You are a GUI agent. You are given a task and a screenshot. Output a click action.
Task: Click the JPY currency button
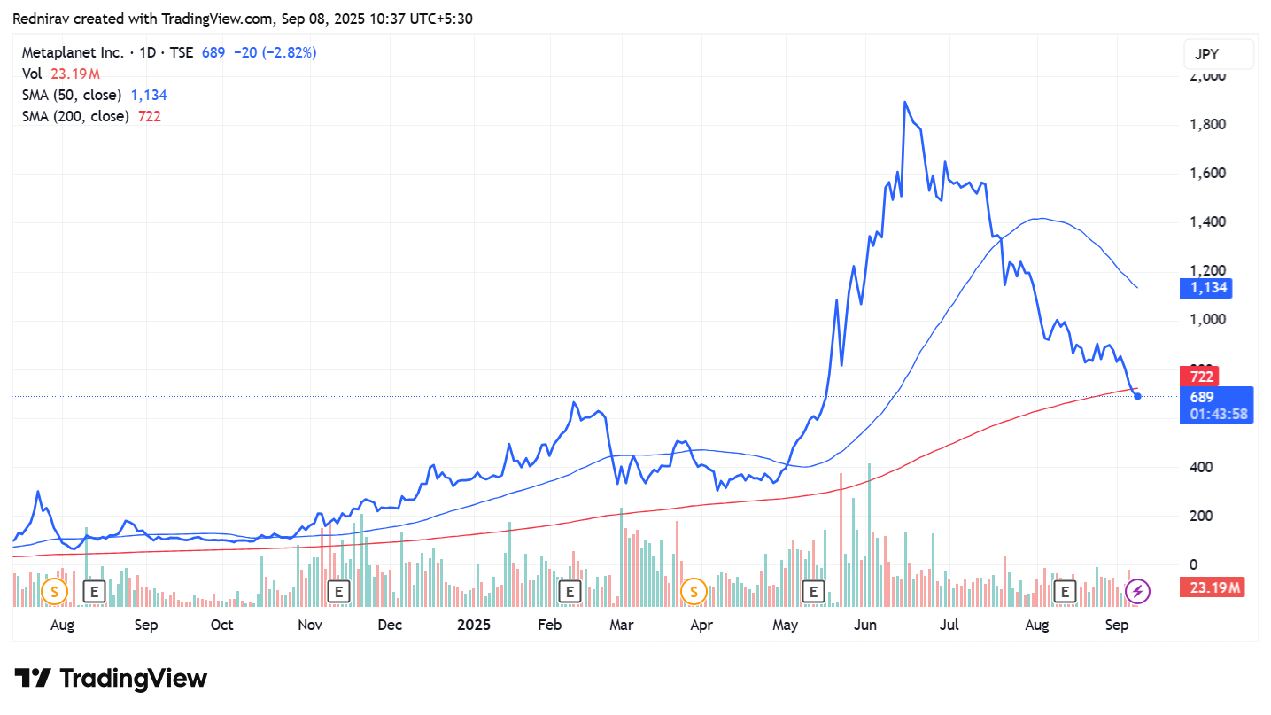[x=1218, y=54]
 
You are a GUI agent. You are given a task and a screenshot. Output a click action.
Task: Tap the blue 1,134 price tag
[x=1206, y=288]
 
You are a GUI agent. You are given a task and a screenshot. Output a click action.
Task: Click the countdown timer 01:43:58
[x=1219, y=414]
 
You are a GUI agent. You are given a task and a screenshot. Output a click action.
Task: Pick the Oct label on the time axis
[x=222, y=626]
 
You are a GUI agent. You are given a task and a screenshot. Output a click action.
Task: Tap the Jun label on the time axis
[x=864, y=626]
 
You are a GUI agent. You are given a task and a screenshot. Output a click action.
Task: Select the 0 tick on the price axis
[x=1193, y=564]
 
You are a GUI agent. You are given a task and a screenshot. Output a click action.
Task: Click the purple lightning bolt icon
[x=1137, y=590]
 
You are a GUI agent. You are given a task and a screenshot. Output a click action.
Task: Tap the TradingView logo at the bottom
[x=112, y=679]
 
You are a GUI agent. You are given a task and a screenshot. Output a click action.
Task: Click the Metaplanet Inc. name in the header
[x=73, y=53]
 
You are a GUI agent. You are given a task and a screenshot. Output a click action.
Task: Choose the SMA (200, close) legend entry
[x=76, y=116]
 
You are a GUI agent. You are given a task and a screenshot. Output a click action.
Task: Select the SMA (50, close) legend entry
[x=73, y=95]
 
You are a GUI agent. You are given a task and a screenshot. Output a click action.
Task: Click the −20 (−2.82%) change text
[x=275, y=53]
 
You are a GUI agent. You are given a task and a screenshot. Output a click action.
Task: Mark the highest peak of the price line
[x=904, y=103]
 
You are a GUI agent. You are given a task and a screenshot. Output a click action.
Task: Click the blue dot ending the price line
[x=1137, y=396]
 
